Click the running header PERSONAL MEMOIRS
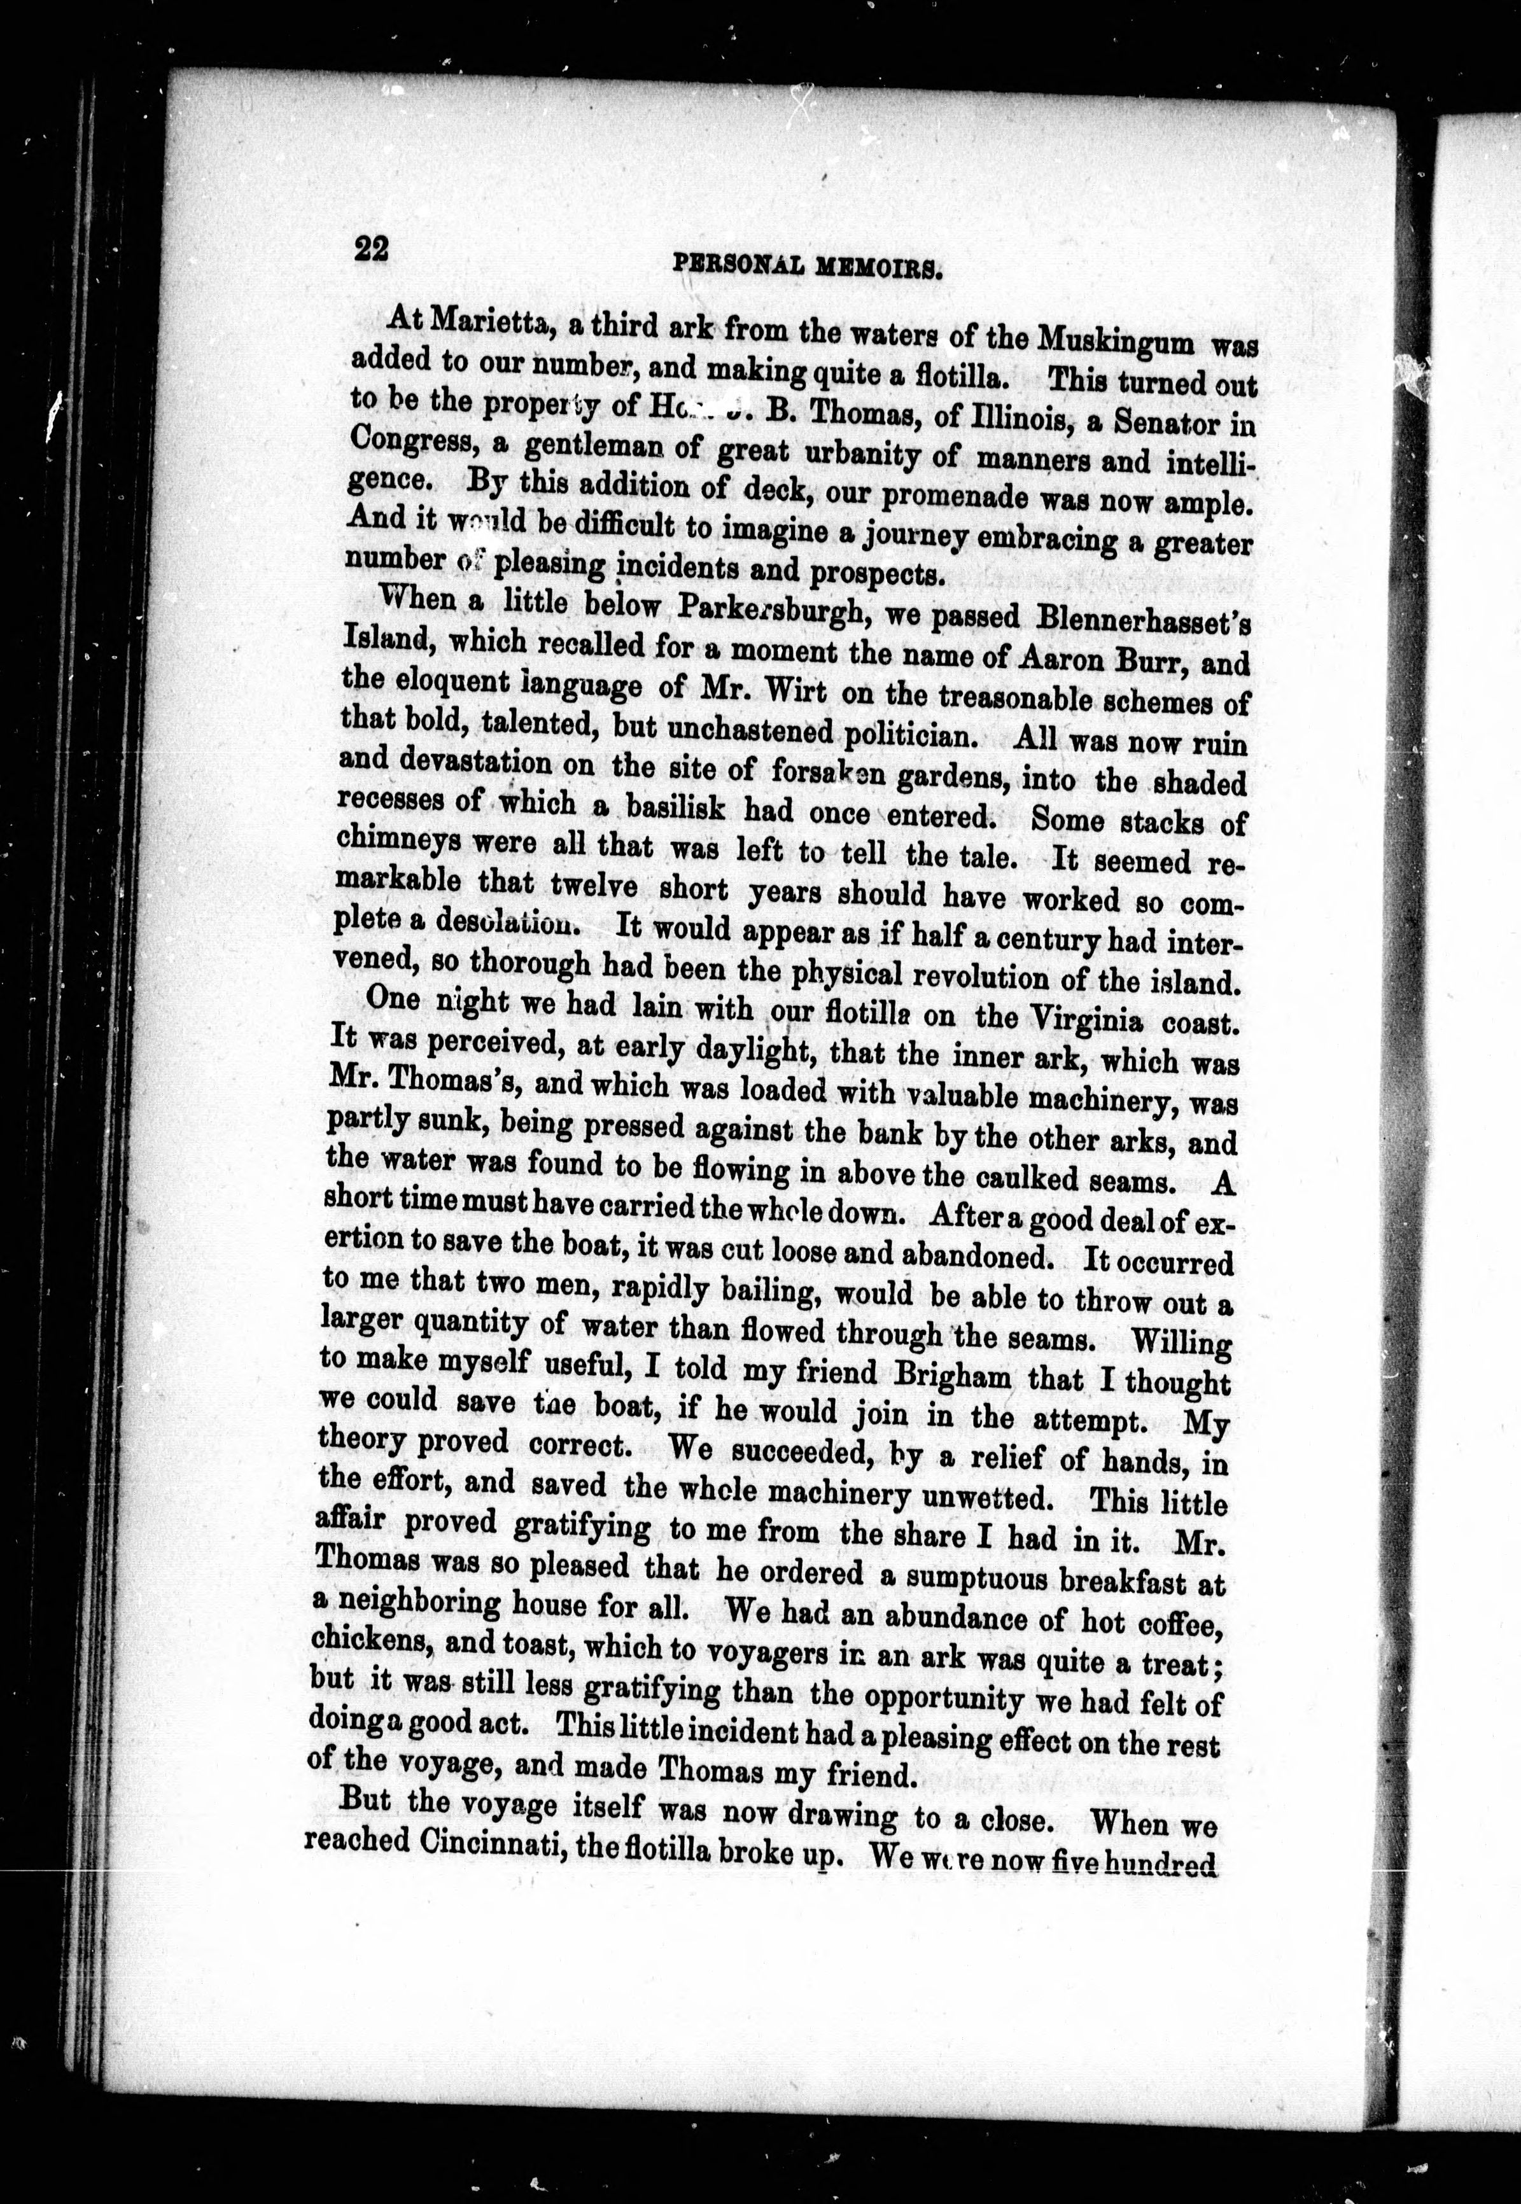coord(807,266)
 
